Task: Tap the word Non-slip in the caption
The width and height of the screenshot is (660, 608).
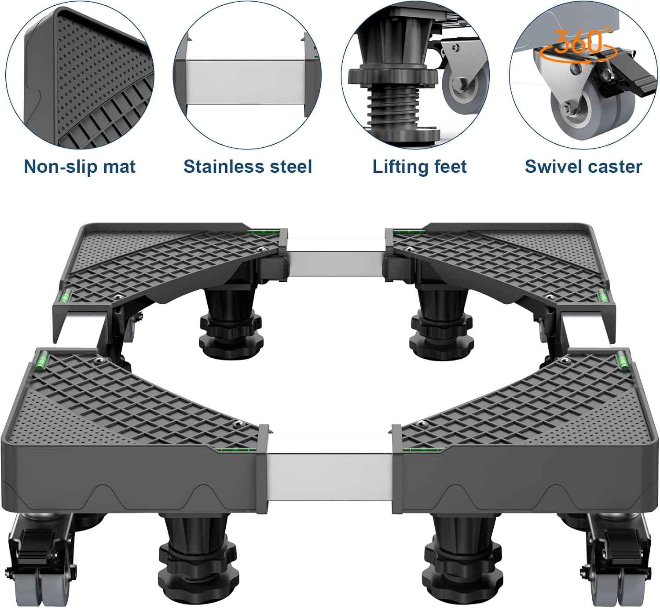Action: [60, 166]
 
